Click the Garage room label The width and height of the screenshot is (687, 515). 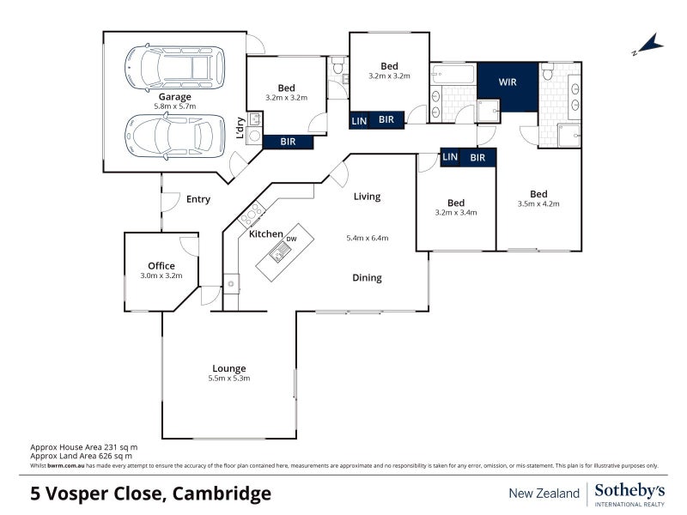174,97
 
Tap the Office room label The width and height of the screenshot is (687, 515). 161,265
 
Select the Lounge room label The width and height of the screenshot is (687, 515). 228,368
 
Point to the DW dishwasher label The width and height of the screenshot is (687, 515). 291,238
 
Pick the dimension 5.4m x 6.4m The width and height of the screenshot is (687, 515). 368,238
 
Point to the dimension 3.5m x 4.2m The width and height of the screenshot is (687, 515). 538,204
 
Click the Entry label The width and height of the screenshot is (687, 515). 198,199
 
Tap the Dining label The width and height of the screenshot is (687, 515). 367,277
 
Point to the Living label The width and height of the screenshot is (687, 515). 367,197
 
